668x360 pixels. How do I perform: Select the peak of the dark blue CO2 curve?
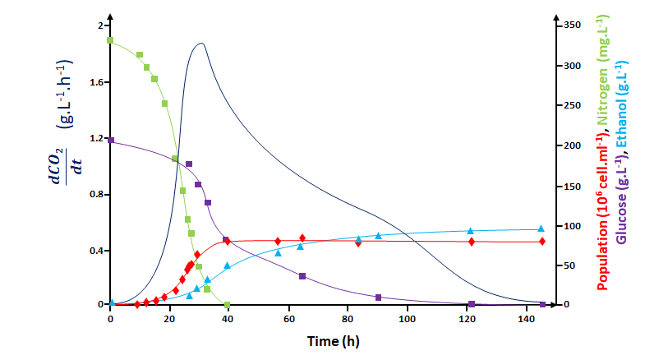click(x=200, y=44)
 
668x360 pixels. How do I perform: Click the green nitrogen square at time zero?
click(x=110, y=40)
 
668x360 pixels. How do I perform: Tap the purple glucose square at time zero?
click(x=110, y=141)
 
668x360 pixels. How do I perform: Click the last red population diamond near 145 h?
click(x=542, y=241)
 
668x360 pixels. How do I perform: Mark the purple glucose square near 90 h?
click(x=378, y=297)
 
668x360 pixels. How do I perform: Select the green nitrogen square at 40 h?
click(x=227, y=305)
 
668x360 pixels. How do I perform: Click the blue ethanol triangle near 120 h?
click(x=471, y=231)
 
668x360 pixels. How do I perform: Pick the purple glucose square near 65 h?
click(x=302, y=276)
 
